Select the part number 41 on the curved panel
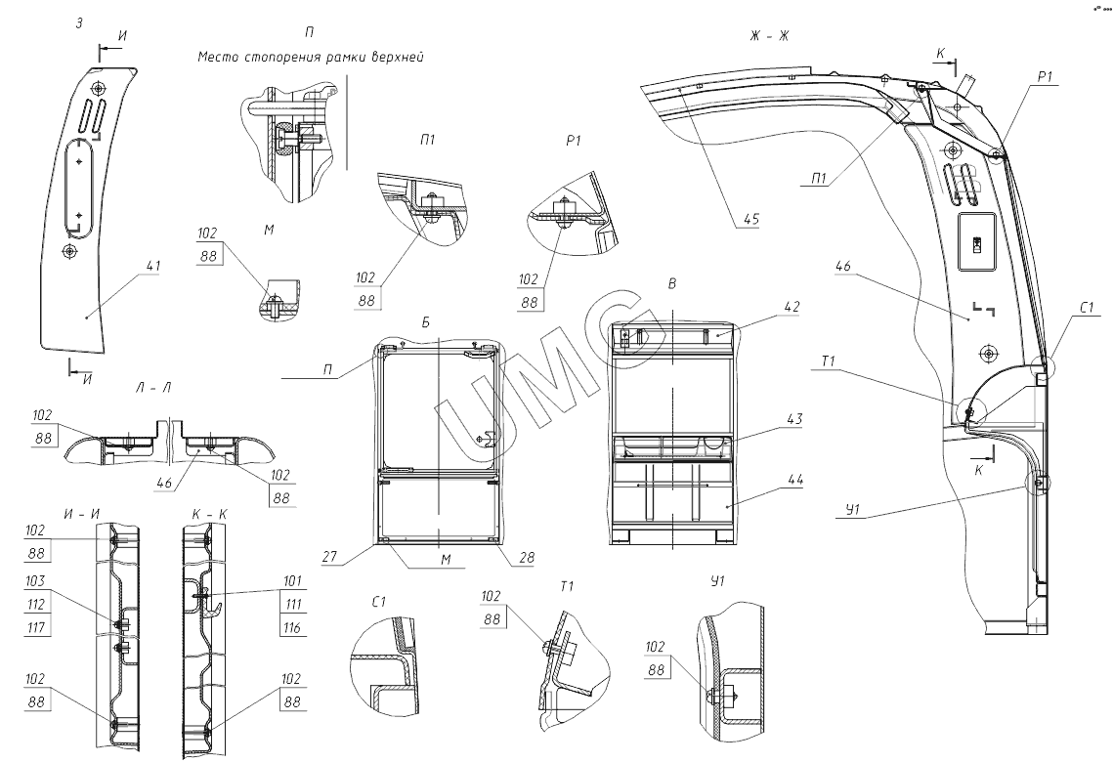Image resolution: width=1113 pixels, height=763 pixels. point(153,266)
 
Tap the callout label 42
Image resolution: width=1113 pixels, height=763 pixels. point(792,307)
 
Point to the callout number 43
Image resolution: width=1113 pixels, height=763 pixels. point(794,419)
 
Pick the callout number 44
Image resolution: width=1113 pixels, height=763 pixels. point(795,480)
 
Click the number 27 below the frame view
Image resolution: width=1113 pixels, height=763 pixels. point(329,557)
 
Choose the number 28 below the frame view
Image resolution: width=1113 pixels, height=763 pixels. point(526,557)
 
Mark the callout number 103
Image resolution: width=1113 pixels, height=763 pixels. point(35,581)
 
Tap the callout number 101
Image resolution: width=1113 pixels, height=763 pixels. point(291,581)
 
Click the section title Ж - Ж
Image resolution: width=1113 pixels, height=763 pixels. point(769,35)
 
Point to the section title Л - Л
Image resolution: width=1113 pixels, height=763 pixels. point(152,388)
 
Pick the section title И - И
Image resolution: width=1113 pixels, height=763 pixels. point(81,514)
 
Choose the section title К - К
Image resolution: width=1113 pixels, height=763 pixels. point(209,514)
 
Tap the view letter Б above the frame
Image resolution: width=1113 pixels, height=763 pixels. point(426,322)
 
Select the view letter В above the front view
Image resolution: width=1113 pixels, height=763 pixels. point(672,283)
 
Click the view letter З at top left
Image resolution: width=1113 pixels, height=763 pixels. point(79,23)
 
